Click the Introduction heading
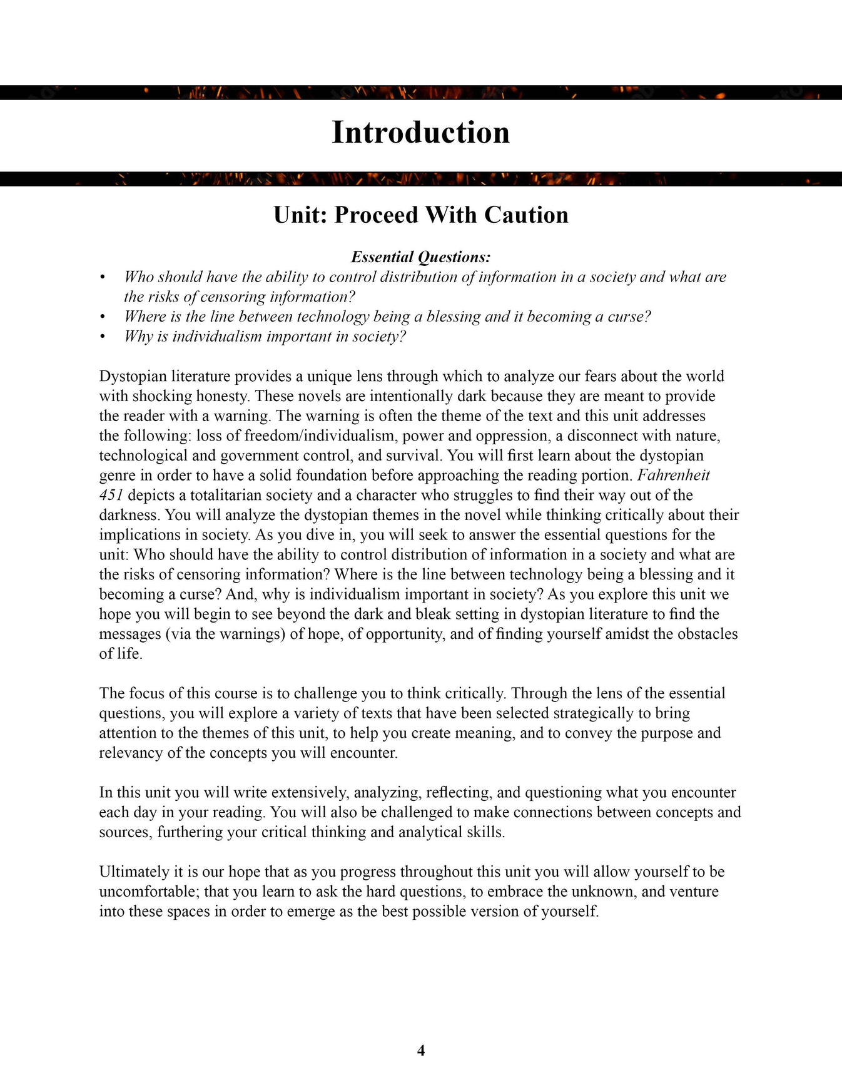[420, 133]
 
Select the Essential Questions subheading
[420, 257]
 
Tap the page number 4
[421, 1051]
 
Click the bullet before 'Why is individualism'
[103, 337]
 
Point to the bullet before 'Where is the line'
[103, 317]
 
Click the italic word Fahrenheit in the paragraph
[673, 476]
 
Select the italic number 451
[111, 496]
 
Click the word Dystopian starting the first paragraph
[133, 377]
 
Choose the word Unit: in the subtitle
[301, 215]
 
